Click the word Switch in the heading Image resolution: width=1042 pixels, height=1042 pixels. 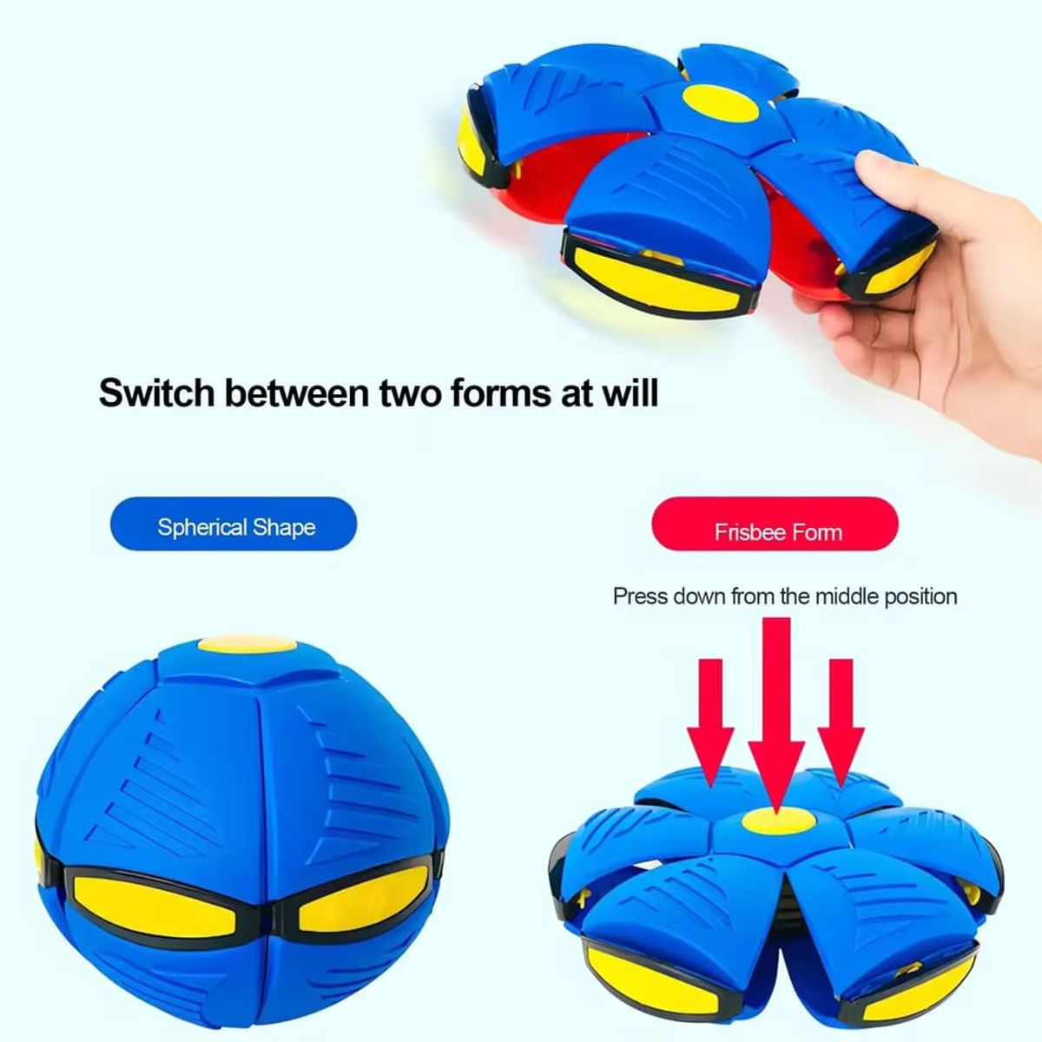point(155,392)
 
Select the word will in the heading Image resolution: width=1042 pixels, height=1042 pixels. point(631,392)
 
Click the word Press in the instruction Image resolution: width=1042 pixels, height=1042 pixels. point(640,597)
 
